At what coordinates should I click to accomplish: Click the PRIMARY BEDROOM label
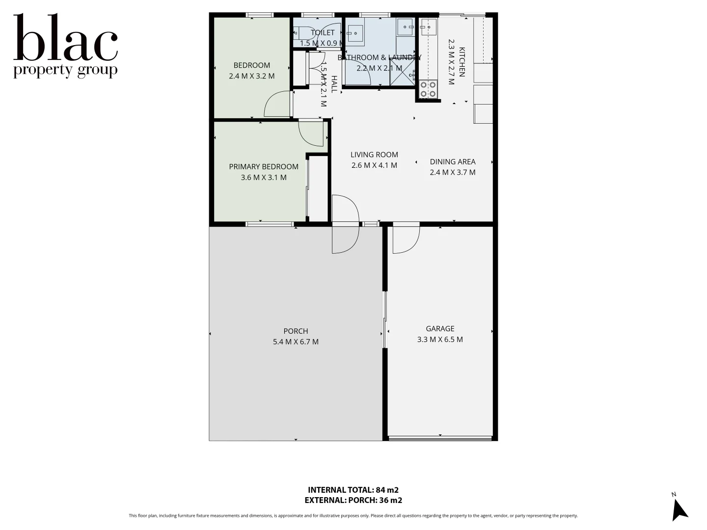(x=263, y=167)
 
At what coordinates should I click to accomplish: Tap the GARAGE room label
(x=440, y=329)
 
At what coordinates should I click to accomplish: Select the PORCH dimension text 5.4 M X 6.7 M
(x=296, y=342)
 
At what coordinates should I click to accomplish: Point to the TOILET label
(x=323, y=33)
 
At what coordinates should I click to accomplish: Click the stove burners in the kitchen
(x=428, y=89)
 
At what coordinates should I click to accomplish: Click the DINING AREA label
(x=452, y=162)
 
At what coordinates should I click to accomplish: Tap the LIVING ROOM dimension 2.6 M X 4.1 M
(x=374, y=165)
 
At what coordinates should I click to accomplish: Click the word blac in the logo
(x=65, y=38)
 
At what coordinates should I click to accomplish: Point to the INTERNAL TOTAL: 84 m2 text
(x=353, y=490)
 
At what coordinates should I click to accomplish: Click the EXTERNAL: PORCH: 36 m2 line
(x=353, y=501)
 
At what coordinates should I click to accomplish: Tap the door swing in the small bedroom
(x=277, y=104)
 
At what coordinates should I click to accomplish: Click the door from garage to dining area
(x=406, y=239)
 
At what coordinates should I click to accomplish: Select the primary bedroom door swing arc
(x=311, y=133)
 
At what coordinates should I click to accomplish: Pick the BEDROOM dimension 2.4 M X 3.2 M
(x=251, y=76)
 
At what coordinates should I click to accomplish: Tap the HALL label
(x=334, y=84)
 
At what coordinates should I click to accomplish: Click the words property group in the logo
(x=65, y=70)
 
